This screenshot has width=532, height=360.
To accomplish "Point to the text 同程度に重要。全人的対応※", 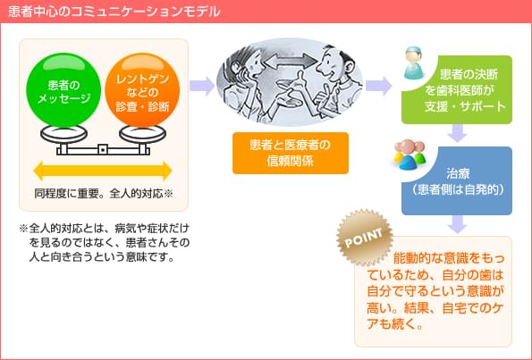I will tap(103, 192).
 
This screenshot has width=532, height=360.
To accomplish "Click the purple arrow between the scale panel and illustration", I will tap(202, 86).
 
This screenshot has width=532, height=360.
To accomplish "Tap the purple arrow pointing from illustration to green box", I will tap(379, 86).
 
